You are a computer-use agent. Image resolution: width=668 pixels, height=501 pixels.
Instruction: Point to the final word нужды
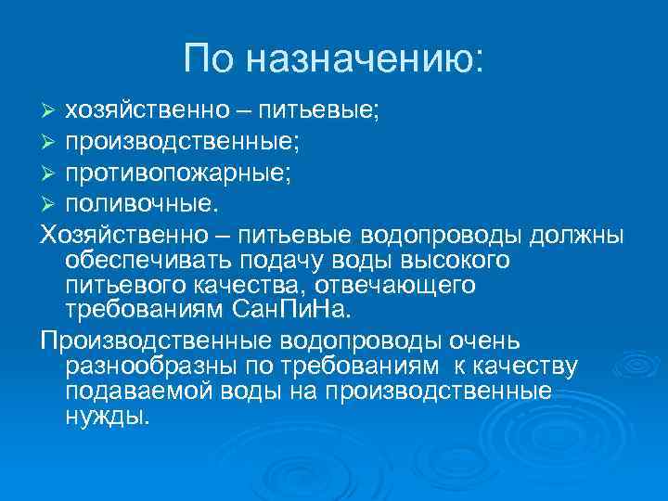[107, 417]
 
